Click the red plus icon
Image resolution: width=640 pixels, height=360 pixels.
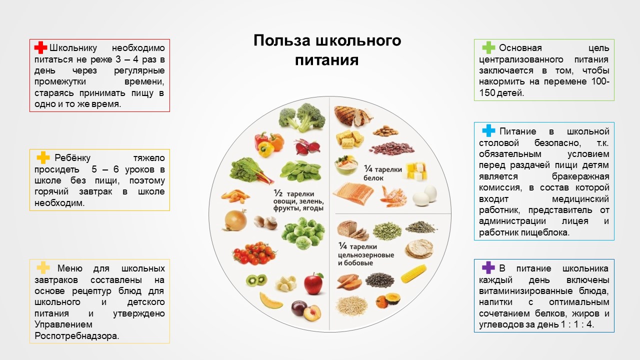(40, 47)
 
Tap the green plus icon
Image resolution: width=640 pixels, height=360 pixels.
(488, 47)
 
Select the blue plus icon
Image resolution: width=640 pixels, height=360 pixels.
(488, 130)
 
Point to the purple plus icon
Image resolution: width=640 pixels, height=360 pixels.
(488, 267)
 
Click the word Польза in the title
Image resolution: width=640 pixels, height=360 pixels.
(281, 40)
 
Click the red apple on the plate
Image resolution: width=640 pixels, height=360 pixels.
(313, 283)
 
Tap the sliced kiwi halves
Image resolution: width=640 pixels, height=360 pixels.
(256, 280)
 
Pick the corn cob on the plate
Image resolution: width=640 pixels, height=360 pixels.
(413, 273)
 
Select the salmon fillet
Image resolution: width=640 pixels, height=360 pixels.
(353, 193)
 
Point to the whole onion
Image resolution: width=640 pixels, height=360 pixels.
(235, 220)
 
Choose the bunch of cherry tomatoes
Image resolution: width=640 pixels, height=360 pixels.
(254, 253)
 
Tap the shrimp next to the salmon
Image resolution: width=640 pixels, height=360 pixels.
(393, 196)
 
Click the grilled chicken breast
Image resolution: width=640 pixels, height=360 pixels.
(353, 115)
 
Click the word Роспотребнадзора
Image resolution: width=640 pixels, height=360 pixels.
(76, 335)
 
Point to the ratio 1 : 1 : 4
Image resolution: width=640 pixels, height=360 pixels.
(577, 324)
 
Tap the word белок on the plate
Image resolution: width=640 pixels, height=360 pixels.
(373, 178)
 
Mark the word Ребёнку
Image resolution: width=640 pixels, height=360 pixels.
(72, 157)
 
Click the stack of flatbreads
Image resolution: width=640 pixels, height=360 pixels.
(419, 248)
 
